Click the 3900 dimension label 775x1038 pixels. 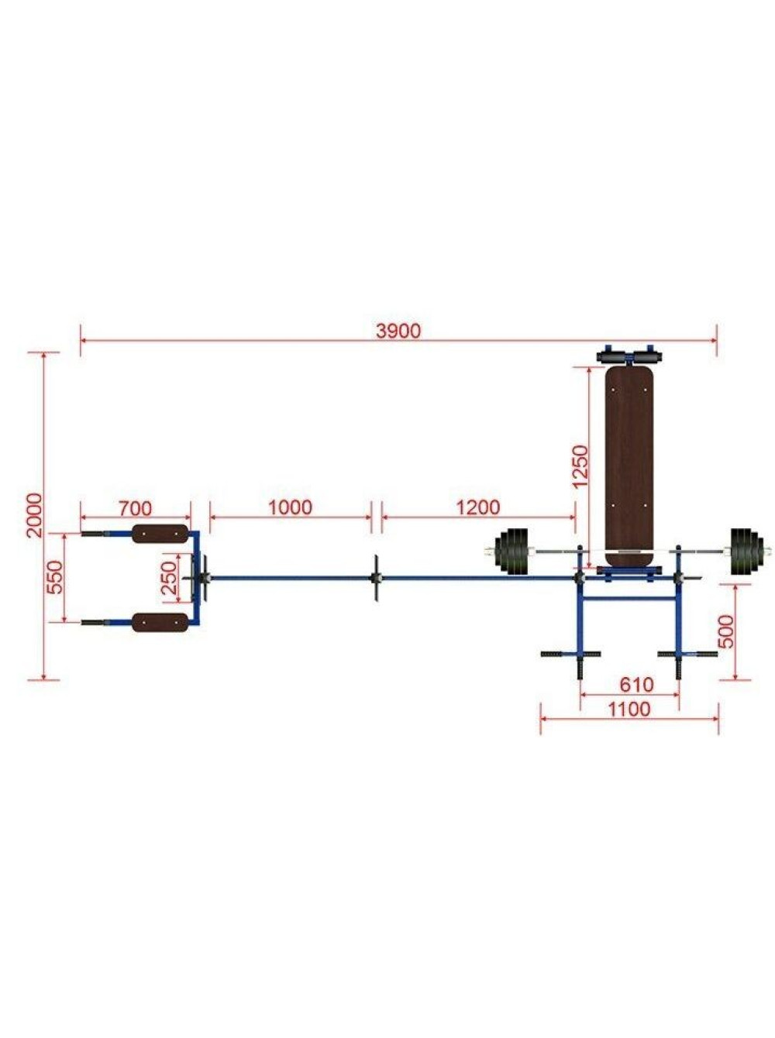tap(398, 332)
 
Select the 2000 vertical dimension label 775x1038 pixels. tap(35, 515)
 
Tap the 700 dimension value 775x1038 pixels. tap(135, 508)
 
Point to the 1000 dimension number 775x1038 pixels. tap(290, 507)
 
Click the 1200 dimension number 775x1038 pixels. tap(478, 507)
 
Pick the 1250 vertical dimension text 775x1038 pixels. tap(579, 466)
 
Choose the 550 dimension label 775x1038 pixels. tap(55, 577)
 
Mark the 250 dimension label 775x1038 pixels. tap(169, 578)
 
